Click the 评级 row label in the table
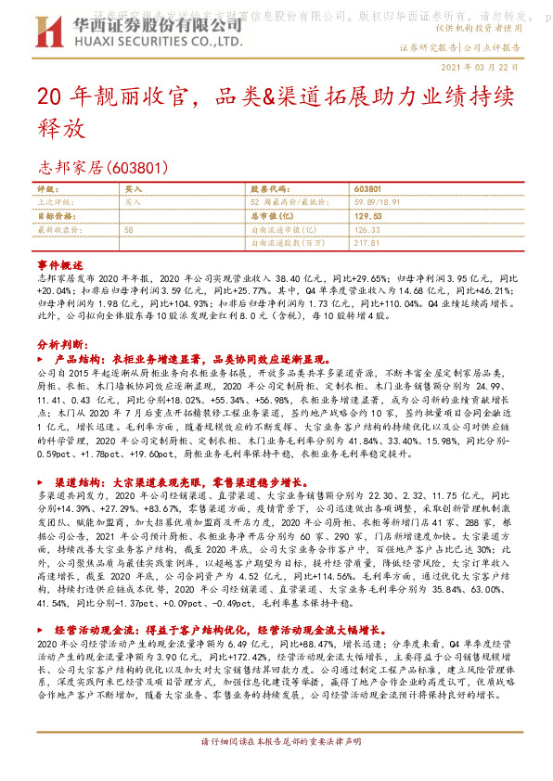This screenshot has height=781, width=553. (x=46, y=188)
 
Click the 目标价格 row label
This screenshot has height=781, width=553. (x=54, y=214)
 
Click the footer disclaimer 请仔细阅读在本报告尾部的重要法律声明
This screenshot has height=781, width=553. (x=276, y=741)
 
